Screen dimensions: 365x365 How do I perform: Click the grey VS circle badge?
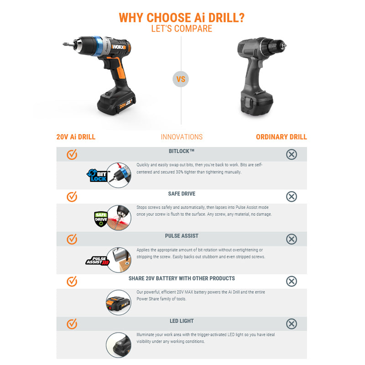pos(181,79)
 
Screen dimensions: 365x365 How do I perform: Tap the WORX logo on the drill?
pos(119,47)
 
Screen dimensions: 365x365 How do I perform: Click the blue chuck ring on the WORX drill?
pos(98,46)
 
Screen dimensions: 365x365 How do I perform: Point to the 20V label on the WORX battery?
pos(122,106)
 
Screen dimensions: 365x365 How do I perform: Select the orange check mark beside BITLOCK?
pos(72,154)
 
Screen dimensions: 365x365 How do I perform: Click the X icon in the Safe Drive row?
pos(292,197)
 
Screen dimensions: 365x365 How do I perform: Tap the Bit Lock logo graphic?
pos(97,176)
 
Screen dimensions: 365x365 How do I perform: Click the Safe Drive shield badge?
pos(100,219)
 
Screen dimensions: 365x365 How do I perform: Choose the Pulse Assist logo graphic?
pos(98,261)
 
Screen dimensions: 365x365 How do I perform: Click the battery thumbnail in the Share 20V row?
pos(119,302)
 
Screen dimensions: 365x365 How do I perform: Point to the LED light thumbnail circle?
pos(119,345)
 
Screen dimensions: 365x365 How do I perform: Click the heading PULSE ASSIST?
pos(182,236)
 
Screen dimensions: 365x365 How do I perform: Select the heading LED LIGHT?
pos(182,321)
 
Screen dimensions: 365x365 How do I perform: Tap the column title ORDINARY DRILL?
pos(282,137)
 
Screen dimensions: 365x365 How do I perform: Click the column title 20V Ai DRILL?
pos(76,137)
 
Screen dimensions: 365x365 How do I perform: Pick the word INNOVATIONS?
pos(182,137)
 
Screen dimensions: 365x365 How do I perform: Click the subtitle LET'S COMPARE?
pos(182,29)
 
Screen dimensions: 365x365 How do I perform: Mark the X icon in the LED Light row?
pos(292,324)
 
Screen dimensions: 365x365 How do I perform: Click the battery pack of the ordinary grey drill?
pos(256,102)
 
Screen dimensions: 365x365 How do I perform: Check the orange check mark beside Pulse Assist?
pos(72,239)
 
